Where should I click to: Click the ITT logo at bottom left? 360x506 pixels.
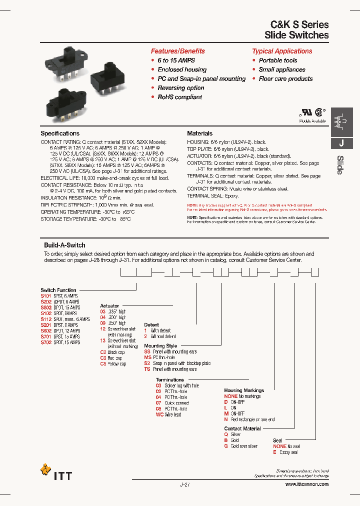(x=56, y=472)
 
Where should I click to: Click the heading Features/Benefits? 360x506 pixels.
(x=177, y=51)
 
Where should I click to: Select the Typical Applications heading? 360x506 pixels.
(x=282, y=51)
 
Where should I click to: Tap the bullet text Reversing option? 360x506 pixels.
(x=180, y=88)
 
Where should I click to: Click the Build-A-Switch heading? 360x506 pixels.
(x=64, y=245)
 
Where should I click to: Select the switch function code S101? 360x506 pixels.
(x=46, y=296)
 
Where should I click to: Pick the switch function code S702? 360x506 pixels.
(x=46, y=342)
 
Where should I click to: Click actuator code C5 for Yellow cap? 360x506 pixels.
(x=103, y=364)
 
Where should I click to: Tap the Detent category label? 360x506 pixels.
(x=151, y=325)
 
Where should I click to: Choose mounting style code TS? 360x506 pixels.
(x=147, y=369)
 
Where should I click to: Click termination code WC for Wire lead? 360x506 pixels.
(x=159, y=414)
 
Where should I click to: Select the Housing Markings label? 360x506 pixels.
(x=244, y=390)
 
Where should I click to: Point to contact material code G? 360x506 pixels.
(x=226, y=446)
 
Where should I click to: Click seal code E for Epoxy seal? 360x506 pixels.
(x=274, y=452)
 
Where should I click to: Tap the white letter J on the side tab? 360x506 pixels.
(x=341, y=143)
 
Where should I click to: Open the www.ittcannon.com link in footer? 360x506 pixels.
(x=306, y=484)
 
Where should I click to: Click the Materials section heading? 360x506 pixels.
(x=199, y=133)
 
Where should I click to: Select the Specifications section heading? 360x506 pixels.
(x=60, y=133)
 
